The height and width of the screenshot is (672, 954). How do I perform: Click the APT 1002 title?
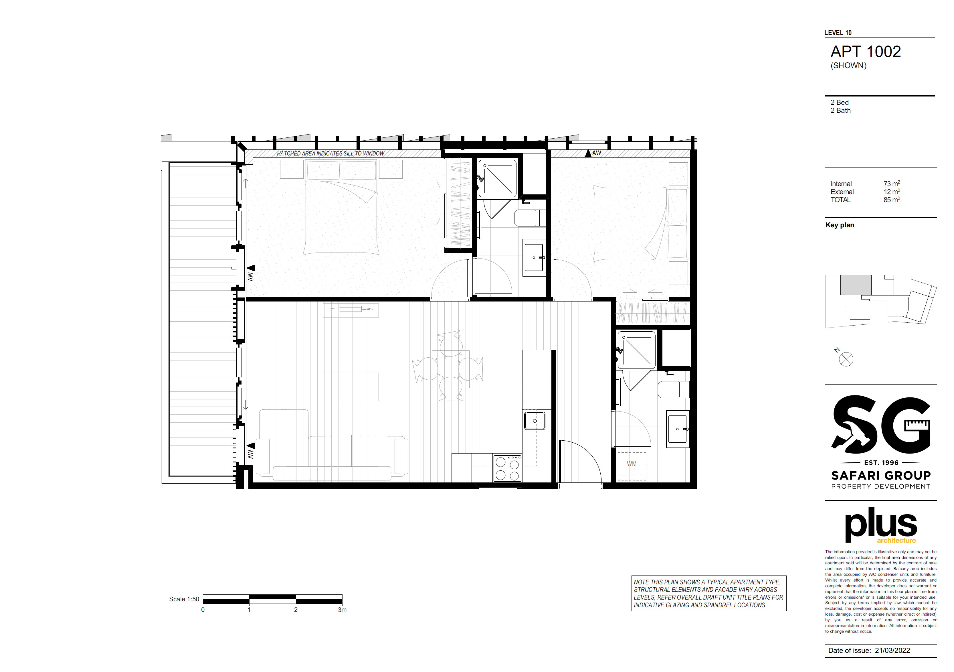866,52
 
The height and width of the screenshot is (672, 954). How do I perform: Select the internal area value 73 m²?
892,183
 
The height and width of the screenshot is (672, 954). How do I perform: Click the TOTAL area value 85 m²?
892,200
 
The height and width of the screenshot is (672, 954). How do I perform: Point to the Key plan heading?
840,225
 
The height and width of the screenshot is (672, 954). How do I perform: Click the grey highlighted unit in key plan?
856,285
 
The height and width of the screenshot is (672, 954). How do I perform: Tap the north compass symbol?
846,359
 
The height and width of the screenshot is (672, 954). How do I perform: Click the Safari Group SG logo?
881,442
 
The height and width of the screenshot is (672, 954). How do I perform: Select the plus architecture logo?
881,525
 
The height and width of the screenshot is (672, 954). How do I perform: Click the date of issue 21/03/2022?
892,650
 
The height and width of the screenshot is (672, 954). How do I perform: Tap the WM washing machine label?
632,464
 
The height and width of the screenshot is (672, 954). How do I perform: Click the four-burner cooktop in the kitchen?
507,468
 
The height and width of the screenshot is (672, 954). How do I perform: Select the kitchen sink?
535,421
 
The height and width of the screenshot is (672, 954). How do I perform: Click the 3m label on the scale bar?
342,610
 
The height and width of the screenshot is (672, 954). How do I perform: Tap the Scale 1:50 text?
184,599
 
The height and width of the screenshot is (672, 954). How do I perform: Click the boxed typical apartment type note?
709,594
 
